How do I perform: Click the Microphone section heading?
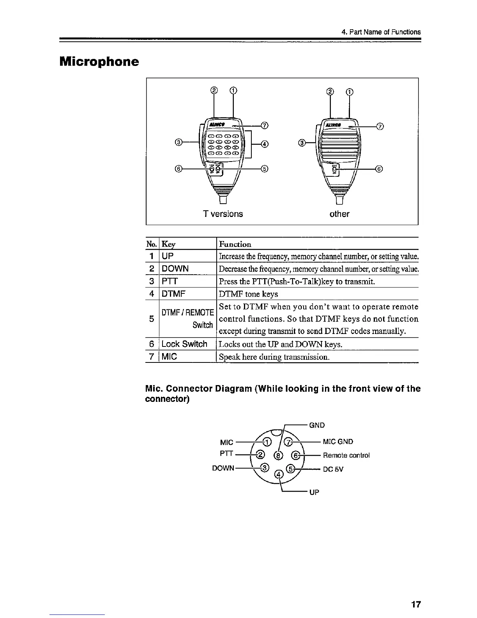click(x=99, y=62)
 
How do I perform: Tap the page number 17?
click(x=416, y=605)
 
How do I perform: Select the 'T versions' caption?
click(x=223, y=214)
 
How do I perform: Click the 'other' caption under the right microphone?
click(x=339, y=214)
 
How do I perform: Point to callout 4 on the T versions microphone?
click(x=265, y=144)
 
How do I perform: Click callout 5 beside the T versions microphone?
click(x=265, y=169)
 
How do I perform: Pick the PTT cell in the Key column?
click(x=170, y=281)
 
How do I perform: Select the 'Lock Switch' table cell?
click(x=184, y=344)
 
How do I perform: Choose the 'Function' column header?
click(x=235, y=244)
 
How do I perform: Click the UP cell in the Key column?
click(x=168, y=256)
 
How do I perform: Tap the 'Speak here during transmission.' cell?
click(x=274, y=357)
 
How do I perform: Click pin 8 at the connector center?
click(x=278, y=455)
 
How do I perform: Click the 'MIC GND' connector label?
click(x=338, y=442)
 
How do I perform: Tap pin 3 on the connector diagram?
click(x=265, y=468)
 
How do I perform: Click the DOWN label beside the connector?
click(x=223, y=468)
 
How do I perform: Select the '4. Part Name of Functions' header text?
click(x=381, y=32)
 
